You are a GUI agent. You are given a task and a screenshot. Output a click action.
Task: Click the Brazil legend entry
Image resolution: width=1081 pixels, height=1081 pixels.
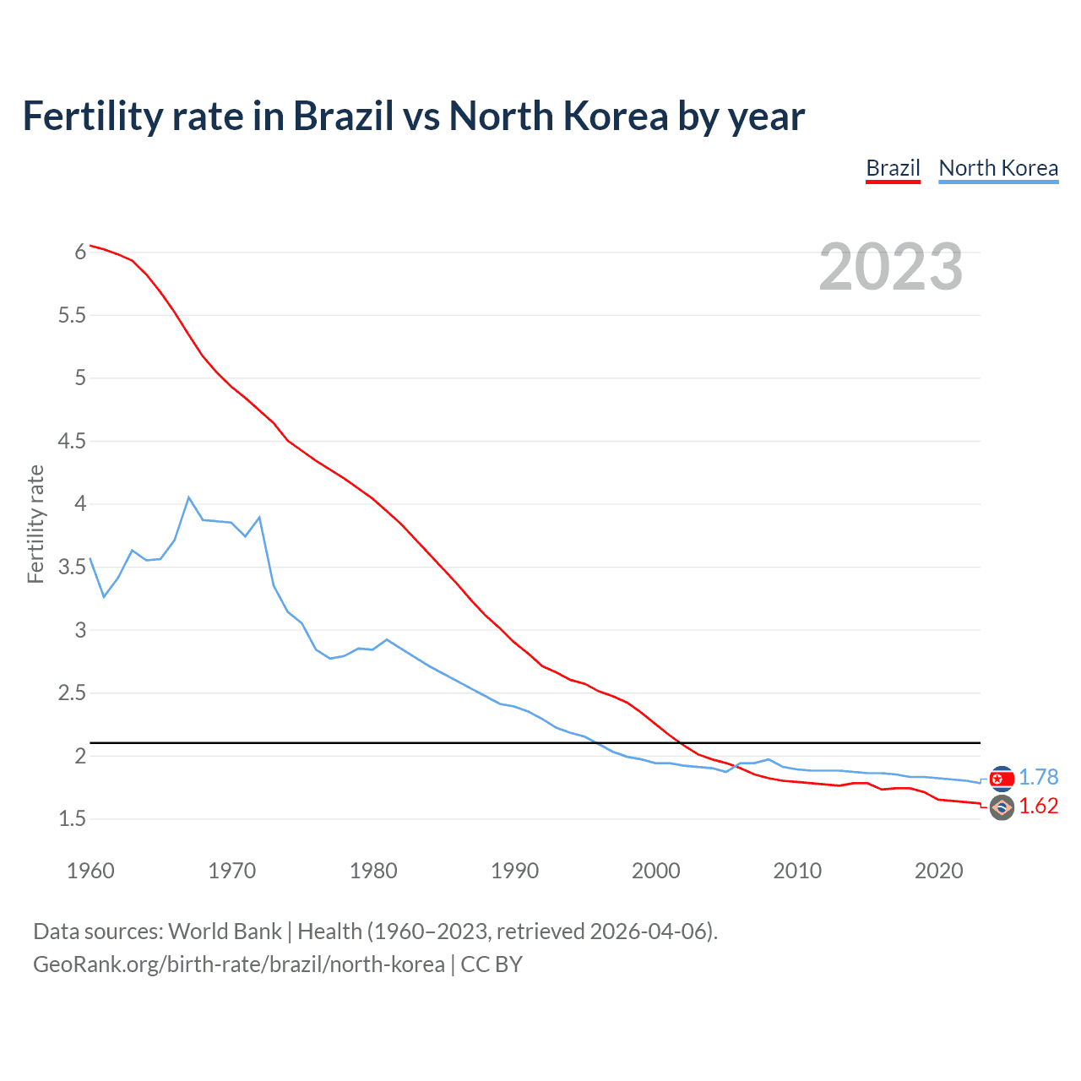coord(893,168)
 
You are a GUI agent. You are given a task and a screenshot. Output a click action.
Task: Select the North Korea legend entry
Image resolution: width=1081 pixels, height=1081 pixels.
coord(998,168)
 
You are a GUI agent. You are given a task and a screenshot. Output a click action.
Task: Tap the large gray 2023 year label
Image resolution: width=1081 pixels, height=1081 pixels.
coord(891,267)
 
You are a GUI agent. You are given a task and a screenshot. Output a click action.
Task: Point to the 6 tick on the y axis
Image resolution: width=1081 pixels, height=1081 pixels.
coord(80,252)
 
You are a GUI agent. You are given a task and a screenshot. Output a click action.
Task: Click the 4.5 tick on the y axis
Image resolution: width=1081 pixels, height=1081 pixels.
coord(73,441)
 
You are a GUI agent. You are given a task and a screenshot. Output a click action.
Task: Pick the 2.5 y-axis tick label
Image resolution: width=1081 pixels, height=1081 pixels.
coord(73,693)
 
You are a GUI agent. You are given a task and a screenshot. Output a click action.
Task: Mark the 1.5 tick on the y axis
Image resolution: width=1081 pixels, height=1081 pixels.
coord(73,818)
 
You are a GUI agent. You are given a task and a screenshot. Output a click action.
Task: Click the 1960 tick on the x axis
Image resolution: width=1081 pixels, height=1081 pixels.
coord(90,871)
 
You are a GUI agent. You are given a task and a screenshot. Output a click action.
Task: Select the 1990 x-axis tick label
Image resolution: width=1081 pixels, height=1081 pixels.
coord(514,871)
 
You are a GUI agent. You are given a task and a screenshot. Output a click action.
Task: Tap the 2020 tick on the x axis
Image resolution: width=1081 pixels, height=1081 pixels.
coord(938,871)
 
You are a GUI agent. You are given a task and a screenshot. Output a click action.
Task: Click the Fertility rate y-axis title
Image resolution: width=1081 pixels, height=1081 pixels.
coord(35,524)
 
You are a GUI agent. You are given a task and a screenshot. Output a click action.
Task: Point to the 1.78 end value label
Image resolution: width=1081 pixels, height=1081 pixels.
coord(1038,777)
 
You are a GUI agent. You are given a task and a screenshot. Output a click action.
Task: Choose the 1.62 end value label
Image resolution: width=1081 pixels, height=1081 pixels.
coord(1038,807)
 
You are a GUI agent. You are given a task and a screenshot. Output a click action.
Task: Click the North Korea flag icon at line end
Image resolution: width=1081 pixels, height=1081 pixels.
coord(1002,779)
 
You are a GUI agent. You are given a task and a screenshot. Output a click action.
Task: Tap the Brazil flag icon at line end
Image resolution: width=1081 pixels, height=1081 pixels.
coord(1002,808)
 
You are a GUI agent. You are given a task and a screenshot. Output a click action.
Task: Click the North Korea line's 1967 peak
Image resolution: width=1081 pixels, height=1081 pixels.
coord(189,497)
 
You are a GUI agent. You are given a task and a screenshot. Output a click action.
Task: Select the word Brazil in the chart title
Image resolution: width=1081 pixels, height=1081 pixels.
coord(344,116)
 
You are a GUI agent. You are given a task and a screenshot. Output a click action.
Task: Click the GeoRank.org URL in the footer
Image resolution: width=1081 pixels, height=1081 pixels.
coord(238,964)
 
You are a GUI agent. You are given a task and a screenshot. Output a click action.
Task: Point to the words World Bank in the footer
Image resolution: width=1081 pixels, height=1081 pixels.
coord(225,932)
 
